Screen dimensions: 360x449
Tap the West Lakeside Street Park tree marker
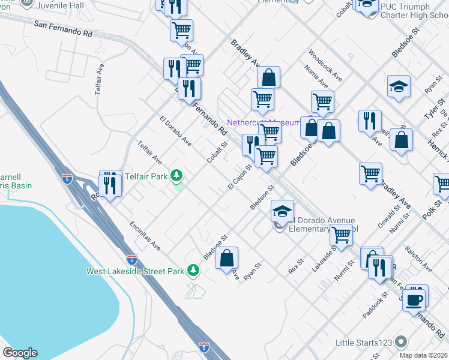click(193, 271)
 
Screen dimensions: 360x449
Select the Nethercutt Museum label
click(262, 122)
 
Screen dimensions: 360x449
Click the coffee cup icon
click(414, 298)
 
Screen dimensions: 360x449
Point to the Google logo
click(20, 353)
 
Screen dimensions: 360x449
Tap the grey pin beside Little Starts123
click(402, 343)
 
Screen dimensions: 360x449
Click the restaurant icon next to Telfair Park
click(109, 184)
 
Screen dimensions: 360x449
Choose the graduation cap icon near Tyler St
click(399, 88)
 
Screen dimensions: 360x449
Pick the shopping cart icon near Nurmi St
click(341, 235)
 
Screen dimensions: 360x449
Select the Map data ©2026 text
click(424, 355)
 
